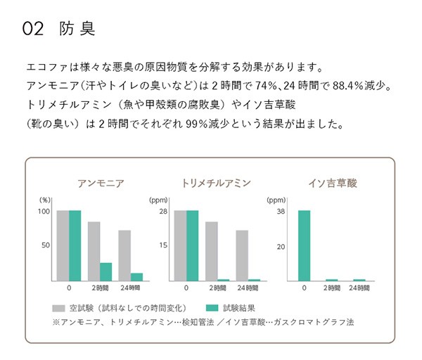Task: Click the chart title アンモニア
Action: point(101,184)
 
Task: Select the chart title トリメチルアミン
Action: point(216,184)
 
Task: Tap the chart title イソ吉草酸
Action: point(333,184)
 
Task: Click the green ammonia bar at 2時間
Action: point(106,272)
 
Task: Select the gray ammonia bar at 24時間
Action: point(124,255)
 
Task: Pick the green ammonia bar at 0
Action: point(75,245)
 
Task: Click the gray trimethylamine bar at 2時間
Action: point(211,251)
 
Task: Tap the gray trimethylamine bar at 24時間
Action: point(242,255)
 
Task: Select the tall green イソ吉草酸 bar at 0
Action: point(304,245)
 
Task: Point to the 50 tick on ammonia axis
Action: point(46,245)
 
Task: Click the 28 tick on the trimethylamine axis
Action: point(162,211)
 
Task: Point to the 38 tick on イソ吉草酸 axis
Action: point(281,211)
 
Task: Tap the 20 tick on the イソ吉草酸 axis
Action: point(281,246)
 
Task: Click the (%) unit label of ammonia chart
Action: point(45,200)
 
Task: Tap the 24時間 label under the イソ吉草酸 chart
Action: point(359,288)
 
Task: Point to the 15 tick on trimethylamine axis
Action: point(162,245)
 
